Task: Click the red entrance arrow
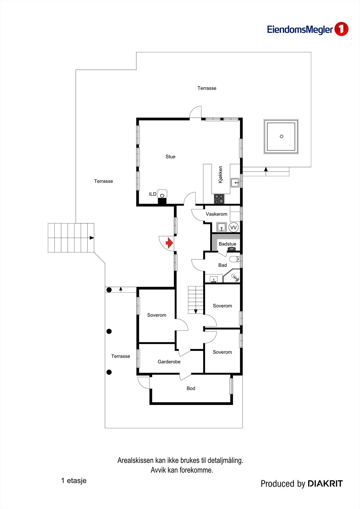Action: click(169, 243)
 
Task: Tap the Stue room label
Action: click(170, 157)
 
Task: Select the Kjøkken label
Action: click(220, 174)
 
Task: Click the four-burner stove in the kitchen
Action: click(219, 199)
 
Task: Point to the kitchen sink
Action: click(235, 183)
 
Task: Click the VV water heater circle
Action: click(234, 227)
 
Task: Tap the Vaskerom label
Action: click(216, 214)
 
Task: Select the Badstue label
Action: click(227, 244)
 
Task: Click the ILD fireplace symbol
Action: click(162, 195)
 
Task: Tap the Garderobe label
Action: click(169, 362)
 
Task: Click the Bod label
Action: click(191, 388)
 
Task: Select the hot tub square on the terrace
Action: click(281, 136)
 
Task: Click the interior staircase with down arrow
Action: click(195, 300)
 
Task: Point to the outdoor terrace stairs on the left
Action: click(71, 238)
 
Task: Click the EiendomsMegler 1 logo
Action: click(307, 30)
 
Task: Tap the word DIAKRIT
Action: click(325, 484)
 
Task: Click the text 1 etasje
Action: click(74, 480)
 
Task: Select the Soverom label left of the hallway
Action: click(157, 315)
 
